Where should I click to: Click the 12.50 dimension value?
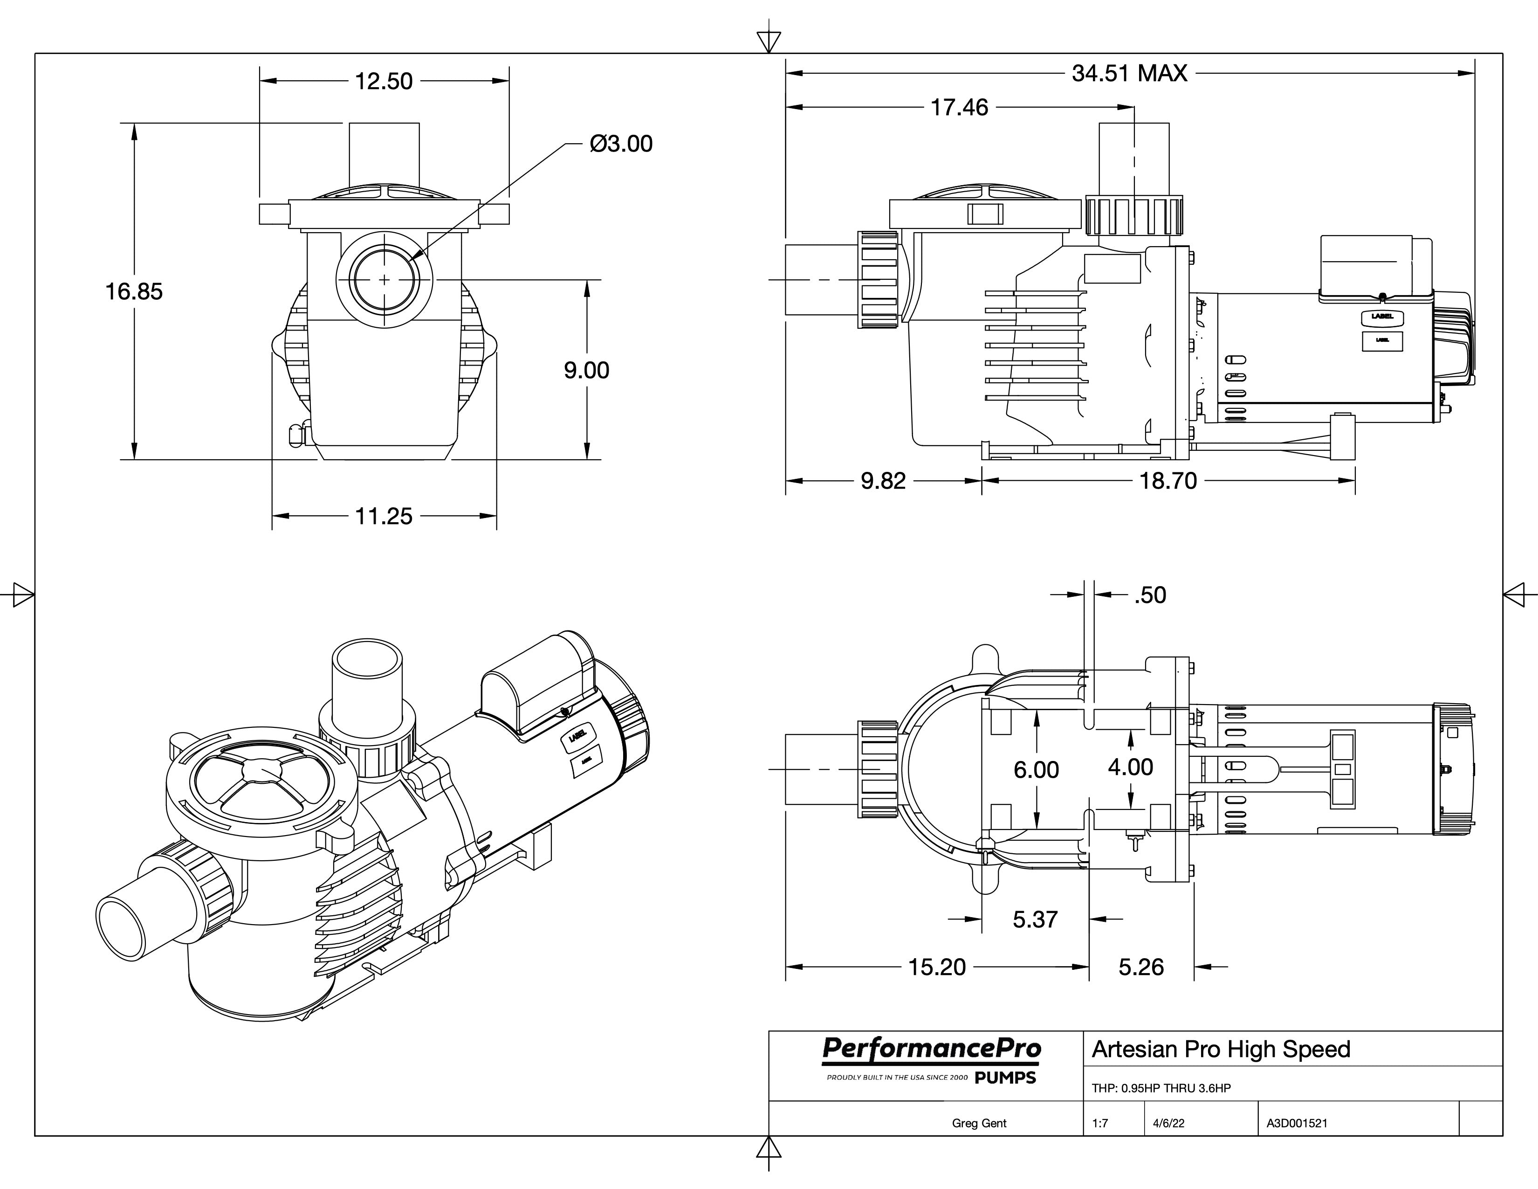pyautogui.click(x=384, y=81)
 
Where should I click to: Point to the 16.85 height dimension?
pyautogui.click(x=134, y=291)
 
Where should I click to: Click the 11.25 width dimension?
pyautogui.click(x=384, y=516)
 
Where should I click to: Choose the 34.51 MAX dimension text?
pyautogui.click(x=1130, y=73)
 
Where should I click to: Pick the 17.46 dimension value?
pyautogui.click(x=959, y=108)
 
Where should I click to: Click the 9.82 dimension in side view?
pyautogui.click(x=883, y=481)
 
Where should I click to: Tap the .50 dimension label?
pyautogui.click(x=1150, y=595)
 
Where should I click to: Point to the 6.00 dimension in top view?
pyautogui.click(x=1036, y=770)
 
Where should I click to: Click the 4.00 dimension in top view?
pyautogui.click(x=1130, y=767)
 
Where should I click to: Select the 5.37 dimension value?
pyautogui.click(x=1035, y=919)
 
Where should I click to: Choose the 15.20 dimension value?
pyautogui.click(x=937, y=967)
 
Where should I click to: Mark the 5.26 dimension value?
pyautogui.click(x=1141, y=967)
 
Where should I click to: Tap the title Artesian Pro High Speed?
pyautogui.click(x=1221, y=1050)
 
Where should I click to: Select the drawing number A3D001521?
pyautogui.click(x=1297, y=1124)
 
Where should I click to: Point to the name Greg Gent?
pyautogui.click(x=979, y=1124)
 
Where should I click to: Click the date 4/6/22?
pyautogui.click(x=1168, y=1124)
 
